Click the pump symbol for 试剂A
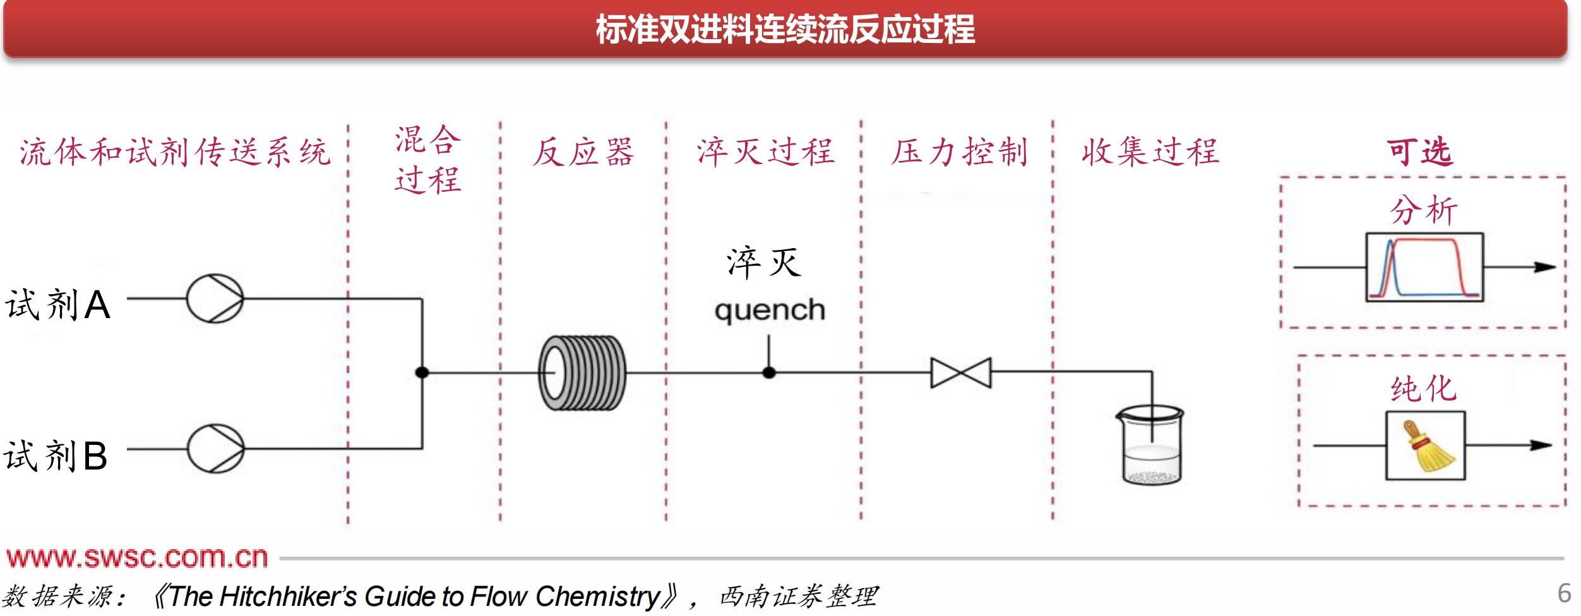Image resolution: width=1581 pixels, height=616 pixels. point(215,299)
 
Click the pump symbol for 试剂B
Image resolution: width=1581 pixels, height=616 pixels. point(215,449)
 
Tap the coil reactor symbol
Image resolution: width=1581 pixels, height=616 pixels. point(582,373)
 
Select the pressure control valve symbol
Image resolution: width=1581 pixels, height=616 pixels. point(961,372)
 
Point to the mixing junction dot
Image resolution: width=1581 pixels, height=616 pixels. point(422,372)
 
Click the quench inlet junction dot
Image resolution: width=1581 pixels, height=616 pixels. point(768,372)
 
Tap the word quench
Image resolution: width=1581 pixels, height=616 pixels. point(770,311)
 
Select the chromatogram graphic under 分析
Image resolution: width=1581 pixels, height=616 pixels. point(1424,268)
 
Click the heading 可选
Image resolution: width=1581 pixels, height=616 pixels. point(1419,152)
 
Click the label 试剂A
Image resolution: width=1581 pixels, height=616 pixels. point(58,304)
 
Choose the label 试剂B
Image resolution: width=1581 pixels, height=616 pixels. point(56,456)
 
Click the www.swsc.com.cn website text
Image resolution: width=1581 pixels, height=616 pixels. point(137,557)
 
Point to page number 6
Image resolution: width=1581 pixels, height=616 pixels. point(1564,593)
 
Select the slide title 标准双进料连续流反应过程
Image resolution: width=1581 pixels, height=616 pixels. point(785,30)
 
